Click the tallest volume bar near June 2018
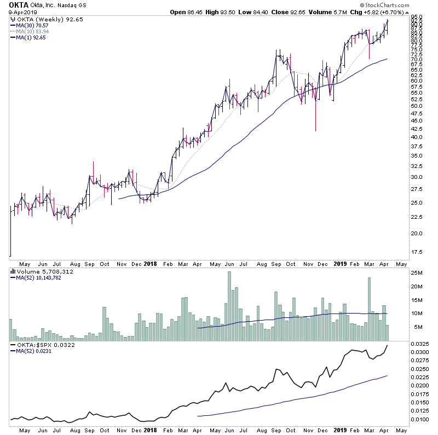[x=229, y=306]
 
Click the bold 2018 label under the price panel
[x=149, y=263]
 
